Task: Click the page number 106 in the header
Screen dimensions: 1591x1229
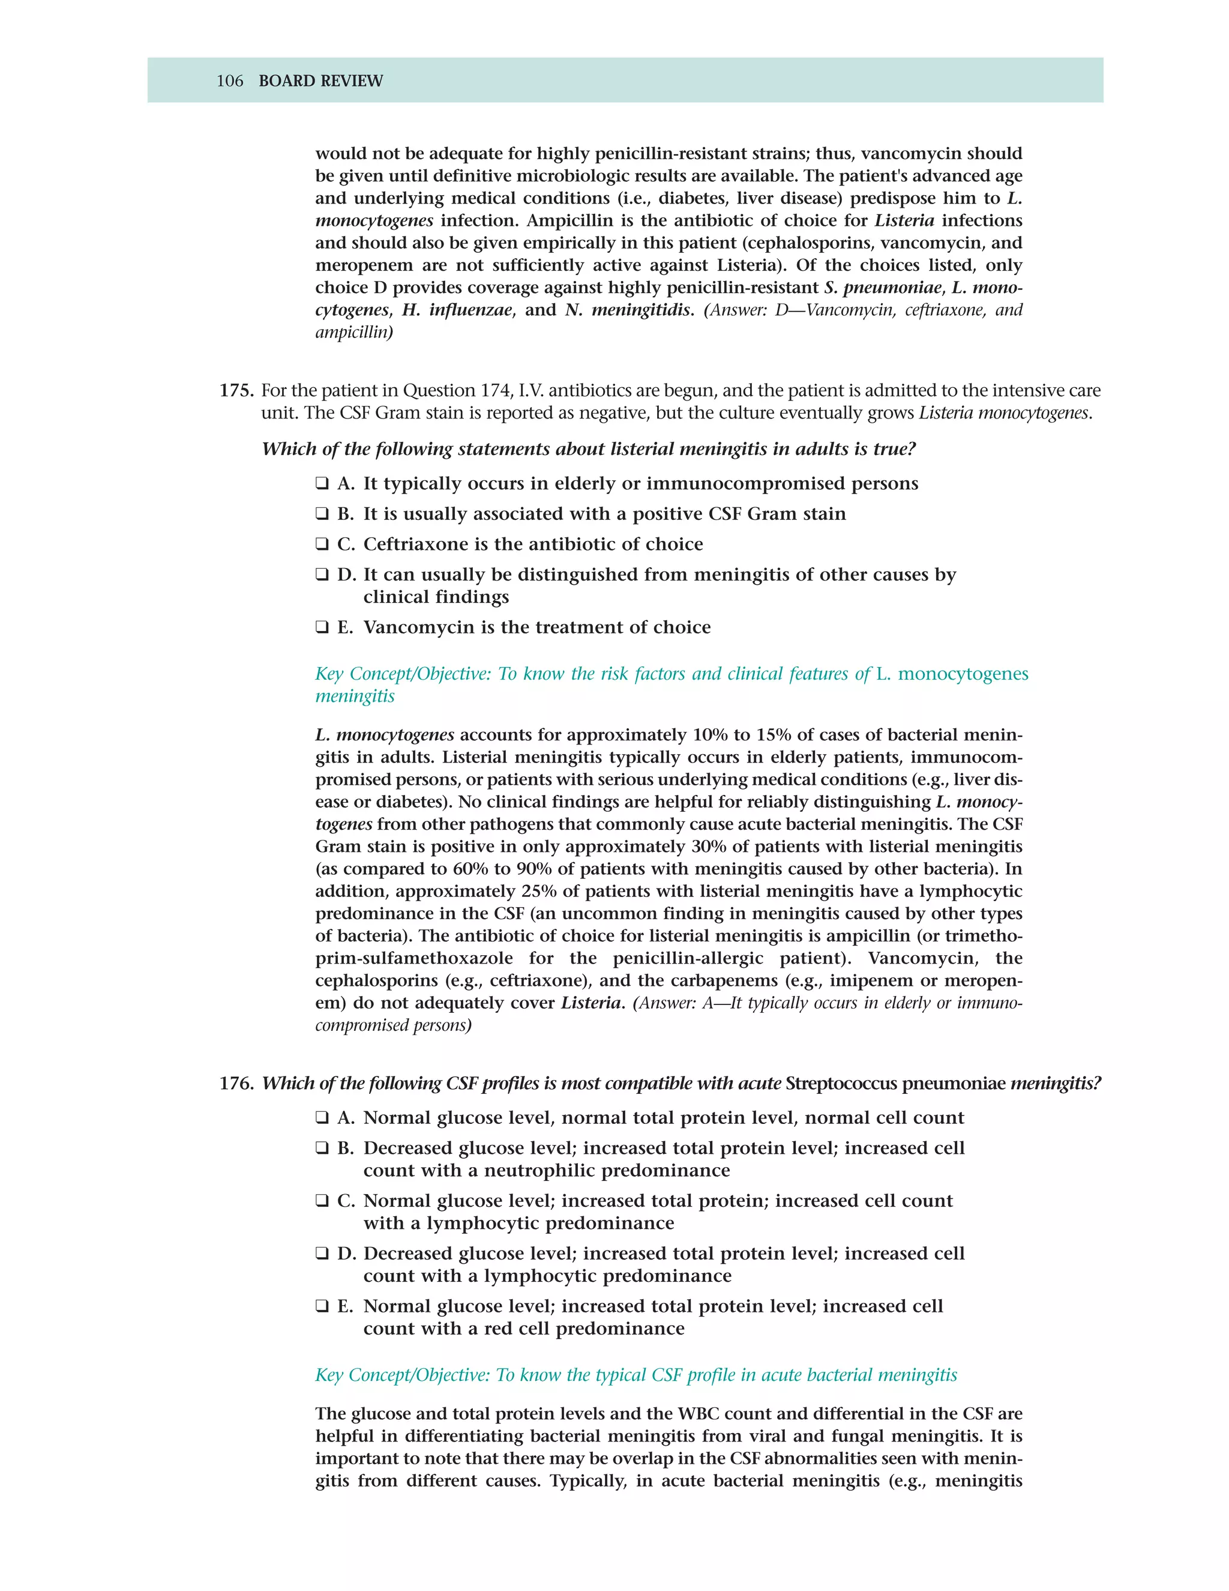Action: coord(229,81)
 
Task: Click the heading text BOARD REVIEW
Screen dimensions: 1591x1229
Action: coord(320,81)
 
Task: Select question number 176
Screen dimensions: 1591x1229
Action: coord(236,1083)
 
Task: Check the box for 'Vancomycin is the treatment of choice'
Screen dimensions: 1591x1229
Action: coord(322,627)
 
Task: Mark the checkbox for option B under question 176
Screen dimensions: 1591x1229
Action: coord(322,1148)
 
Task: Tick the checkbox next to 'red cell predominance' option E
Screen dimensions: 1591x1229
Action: coord(322,1306)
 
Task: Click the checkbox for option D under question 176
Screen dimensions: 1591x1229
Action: coord(322,1254)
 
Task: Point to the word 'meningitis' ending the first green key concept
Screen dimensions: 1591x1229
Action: coord(355,696)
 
